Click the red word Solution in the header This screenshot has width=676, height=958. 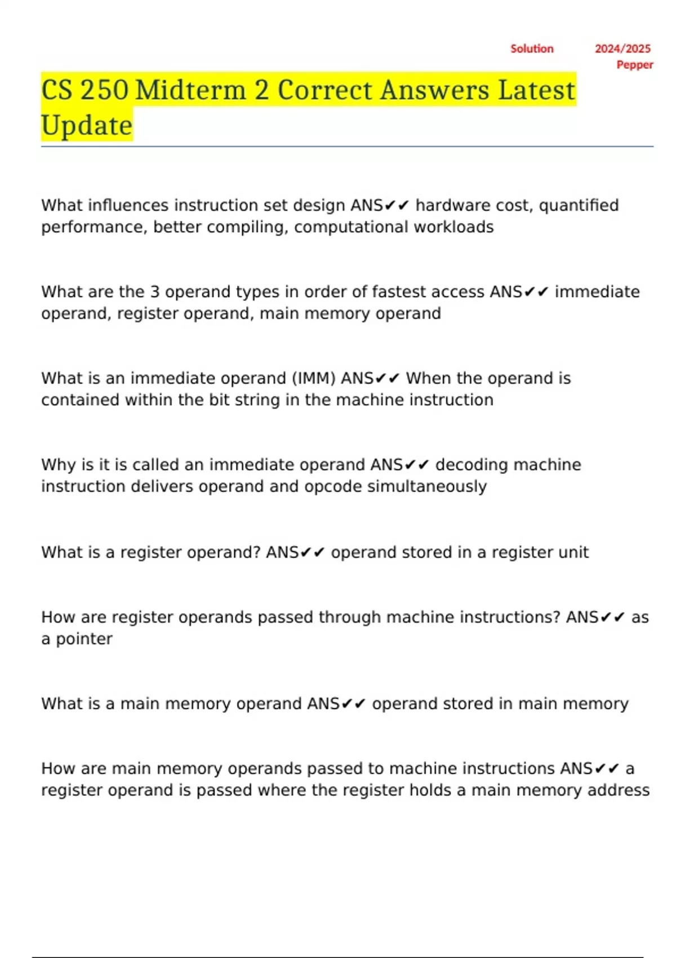532,49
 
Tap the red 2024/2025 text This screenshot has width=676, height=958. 622,49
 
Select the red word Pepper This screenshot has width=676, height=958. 635,65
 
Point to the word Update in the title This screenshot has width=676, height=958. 87,125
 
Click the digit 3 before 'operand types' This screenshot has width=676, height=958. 155,292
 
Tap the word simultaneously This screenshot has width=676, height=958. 426,487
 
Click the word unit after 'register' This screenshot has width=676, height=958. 573,552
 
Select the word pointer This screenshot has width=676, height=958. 84,639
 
